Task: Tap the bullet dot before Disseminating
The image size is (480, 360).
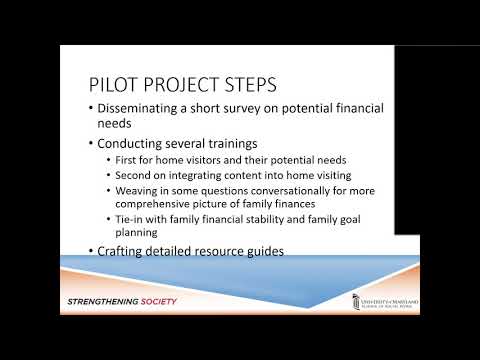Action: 90,108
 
